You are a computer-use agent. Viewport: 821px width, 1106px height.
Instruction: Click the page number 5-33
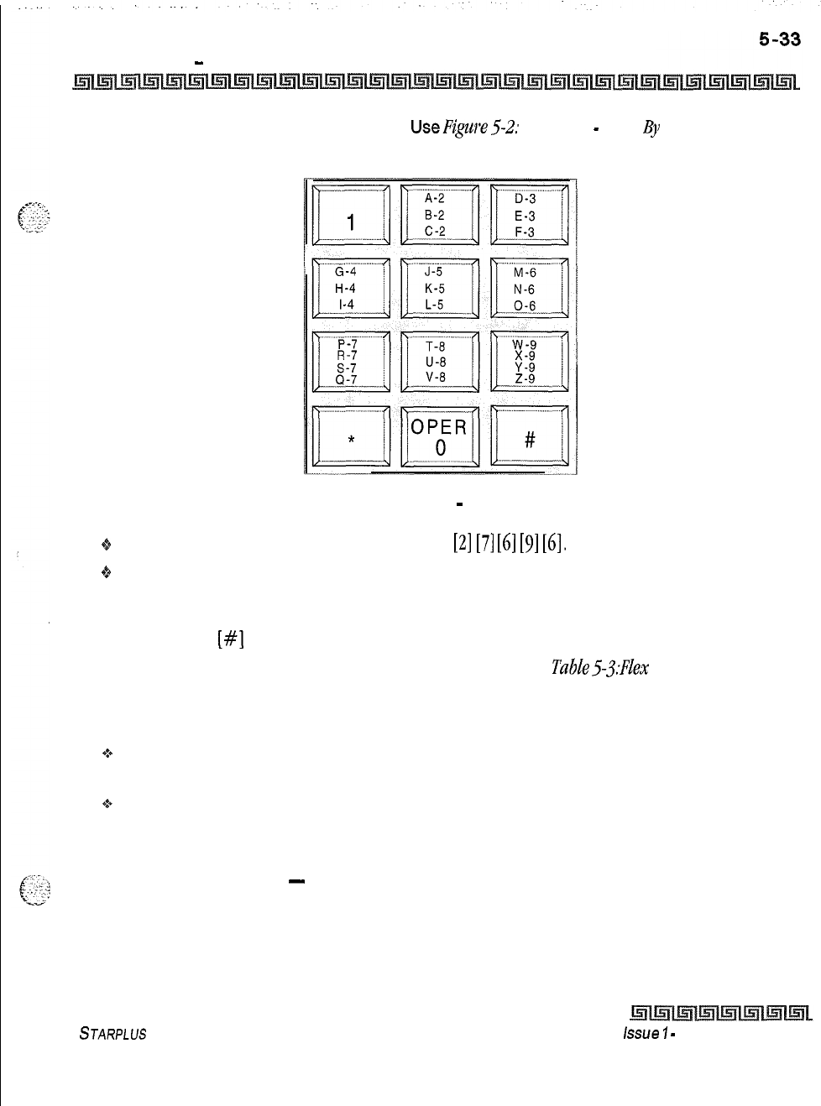coord(780,39)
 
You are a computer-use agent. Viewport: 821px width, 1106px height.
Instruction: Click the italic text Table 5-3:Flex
coord(599,667)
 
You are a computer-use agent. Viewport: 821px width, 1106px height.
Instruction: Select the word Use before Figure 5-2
coord(425,128)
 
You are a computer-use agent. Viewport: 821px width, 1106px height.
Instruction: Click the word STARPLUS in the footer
coord(112,1034)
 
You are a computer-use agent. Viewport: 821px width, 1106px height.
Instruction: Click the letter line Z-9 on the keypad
coord(526,378)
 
